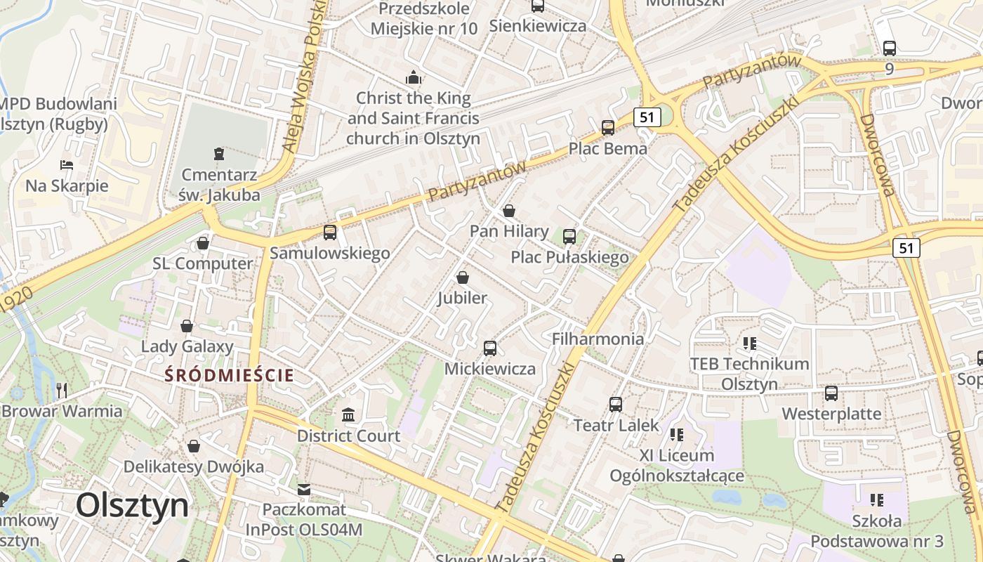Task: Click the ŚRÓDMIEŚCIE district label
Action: click(229, 375)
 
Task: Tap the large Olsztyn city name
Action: click(133, 505)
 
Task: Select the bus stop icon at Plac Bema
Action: click(608, 128)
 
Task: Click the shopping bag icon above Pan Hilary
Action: click(509, 211)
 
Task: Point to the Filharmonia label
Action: click(598, 339)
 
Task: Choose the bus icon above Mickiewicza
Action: click(490, 348)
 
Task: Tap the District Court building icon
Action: click(348, 414)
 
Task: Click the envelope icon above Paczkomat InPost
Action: click(304, 488)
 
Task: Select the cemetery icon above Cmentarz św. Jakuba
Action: click(219, 153)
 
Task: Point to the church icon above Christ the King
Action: click(414, 77)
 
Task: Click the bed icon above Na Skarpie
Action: click(67, 165)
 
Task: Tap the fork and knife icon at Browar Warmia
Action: click(62, 390)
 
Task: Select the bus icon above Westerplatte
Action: click(831, 393)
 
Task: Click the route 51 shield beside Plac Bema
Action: click(647, 117)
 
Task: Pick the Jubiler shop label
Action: click(462, 298)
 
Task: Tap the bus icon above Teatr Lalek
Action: click(616, 404)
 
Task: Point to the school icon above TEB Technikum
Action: click(750, 344)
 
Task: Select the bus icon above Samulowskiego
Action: click(330, 232)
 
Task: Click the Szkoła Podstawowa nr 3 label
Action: click(877, 531)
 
